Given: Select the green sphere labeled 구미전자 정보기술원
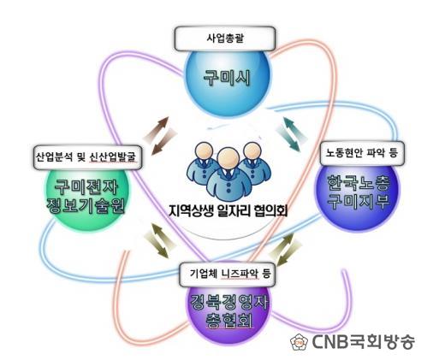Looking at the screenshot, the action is [86, 197].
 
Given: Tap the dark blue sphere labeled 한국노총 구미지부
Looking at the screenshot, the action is [358, 194].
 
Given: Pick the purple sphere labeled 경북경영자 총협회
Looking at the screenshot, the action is [228, 310].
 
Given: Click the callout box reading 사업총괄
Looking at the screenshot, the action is [225, 38].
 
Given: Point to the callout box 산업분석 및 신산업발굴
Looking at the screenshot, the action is [87, 157].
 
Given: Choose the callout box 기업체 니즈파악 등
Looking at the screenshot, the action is [228, 274].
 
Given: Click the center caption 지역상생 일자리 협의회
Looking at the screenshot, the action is [228, 211].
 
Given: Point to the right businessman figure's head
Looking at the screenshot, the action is [252, 150].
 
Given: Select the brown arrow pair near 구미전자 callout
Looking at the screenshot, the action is [160, 136].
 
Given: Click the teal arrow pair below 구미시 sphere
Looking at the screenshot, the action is [293, 133].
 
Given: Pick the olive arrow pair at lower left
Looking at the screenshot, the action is [160, 240].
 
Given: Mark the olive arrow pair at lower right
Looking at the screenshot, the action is [285, 249].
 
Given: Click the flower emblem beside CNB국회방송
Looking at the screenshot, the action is [300, 341].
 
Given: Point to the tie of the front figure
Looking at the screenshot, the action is [228, 174].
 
